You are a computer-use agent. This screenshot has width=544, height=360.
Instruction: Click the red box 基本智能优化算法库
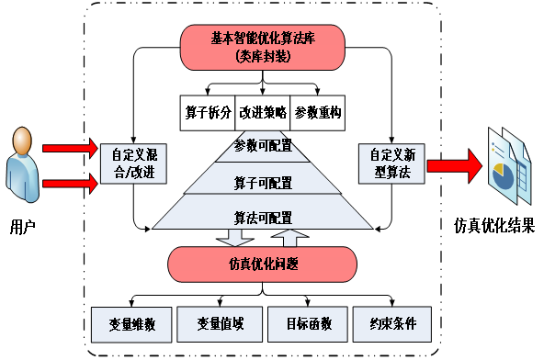tap(263, 47)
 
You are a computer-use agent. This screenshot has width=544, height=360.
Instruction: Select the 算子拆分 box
tap(208, 112)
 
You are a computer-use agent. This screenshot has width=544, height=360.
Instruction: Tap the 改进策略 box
tap(263, 112)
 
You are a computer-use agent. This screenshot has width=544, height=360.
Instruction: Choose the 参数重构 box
tap(318, 112)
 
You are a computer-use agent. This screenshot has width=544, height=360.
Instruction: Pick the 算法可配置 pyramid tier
tap(263, 217)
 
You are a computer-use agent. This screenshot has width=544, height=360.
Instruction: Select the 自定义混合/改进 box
tap(128, 163)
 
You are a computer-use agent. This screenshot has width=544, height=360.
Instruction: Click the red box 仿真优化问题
tap(263, 264)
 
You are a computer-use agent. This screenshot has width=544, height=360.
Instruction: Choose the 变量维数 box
tap(131, 323)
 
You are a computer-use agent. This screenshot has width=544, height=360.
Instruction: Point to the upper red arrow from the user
tap(70, 147)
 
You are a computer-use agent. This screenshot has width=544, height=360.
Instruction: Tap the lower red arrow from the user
tap(70, 183)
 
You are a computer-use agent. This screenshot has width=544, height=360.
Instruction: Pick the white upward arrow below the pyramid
tap(290, 238)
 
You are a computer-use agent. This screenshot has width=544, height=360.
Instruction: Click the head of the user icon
tap(24, 141)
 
